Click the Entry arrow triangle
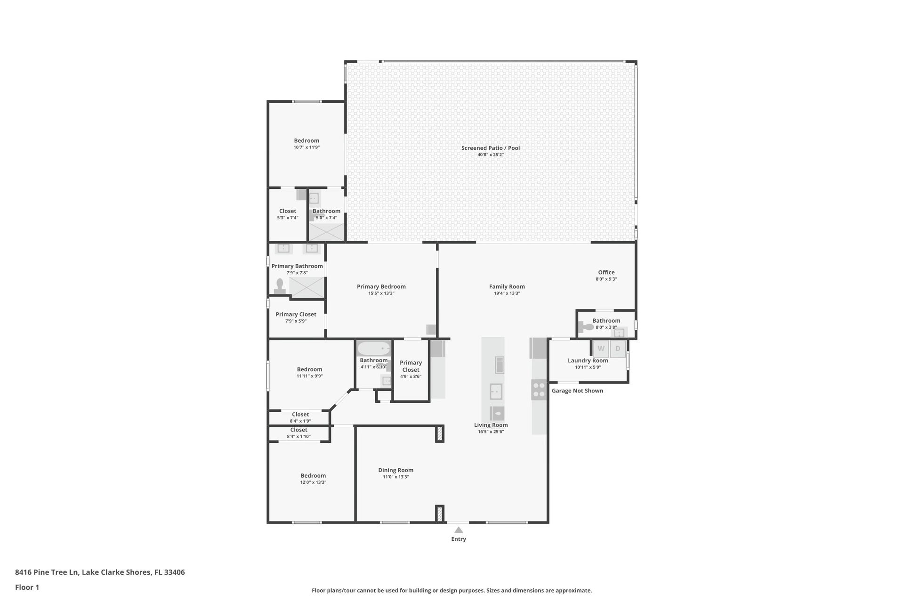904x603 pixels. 459,530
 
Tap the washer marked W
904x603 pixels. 601,349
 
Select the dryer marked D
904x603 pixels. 618,349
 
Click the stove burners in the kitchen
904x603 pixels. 539,390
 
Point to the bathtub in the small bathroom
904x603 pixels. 374,349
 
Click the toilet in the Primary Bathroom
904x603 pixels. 280,286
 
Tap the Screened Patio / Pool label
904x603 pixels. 491,148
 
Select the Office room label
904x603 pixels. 606,272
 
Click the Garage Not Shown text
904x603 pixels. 577,391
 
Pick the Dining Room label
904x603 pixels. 396,470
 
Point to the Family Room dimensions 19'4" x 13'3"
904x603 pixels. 507,293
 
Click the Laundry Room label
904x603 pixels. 588,360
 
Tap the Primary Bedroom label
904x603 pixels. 381,286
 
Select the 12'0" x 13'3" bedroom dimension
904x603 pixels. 314,482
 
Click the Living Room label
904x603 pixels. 491,425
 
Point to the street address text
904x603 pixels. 100,572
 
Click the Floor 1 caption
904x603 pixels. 27,587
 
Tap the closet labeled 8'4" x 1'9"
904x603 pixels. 300,417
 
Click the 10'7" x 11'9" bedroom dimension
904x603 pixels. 307,147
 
